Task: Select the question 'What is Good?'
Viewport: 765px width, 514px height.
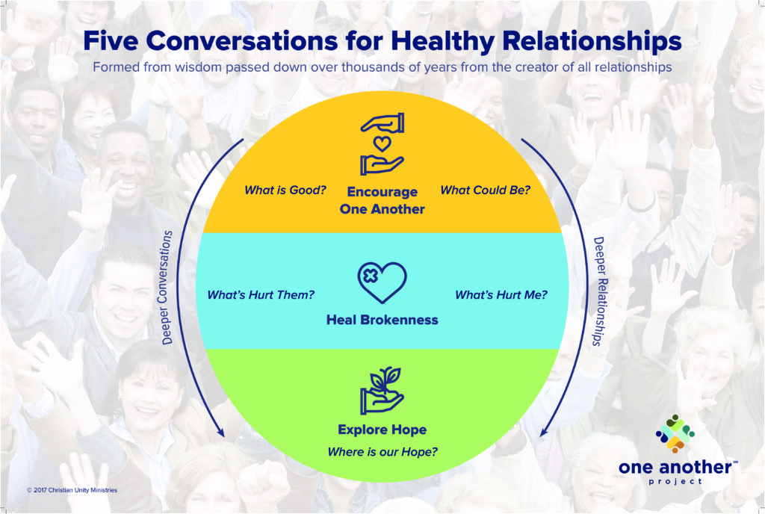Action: [285, 191]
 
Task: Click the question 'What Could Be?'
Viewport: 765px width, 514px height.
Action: [485, 191]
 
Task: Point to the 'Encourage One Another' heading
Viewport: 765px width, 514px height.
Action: [382, 200]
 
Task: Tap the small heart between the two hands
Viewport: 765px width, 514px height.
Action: [382, 144]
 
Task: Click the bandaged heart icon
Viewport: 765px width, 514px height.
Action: [382, 282]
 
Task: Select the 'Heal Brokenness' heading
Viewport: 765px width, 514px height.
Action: [382, 320]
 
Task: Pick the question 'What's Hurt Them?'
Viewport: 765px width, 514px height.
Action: [261, 295]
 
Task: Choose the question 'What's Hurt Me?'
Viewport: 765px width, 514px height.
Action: [501, 295]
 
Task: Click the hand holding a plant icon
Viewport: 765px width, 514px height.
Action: [382, 390]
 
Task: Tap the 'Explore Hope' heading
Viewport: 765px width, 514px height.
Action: [382, 430]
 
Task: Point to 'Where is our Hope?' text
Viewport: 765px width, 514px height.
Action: [382, 452]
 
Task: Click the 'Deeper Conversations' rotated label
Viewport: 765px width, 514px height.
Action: [167, 288]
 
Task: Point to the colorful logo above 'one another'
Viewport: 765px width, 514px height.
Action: [675, 433]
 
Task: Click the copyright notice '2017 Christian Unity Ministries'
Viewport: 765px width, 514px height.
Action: [72, 490]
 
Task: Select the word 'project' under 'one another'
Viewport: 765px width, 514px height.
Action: [675, 482]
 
